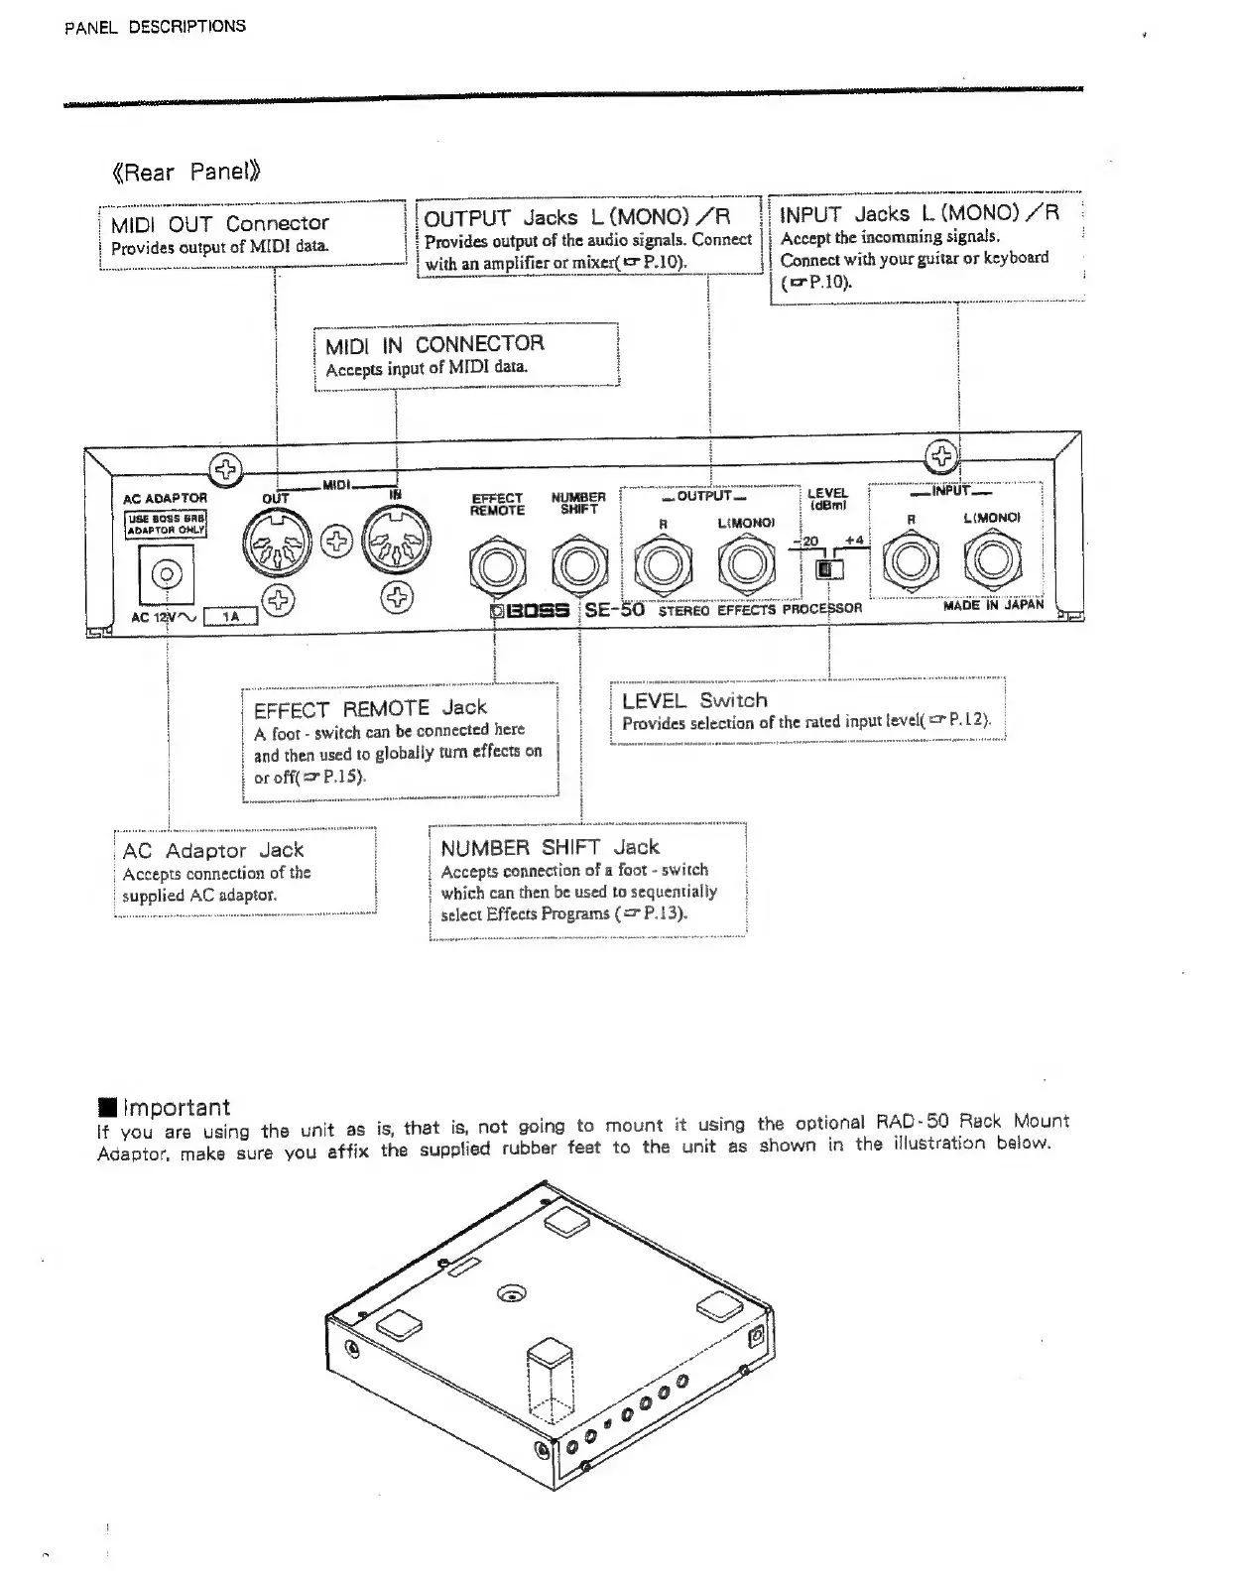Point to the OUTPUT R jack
661,566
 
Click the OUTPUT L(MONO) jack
745,566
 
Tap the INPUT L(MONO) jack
991,561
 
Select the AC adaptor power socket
167,574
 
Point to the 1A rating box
230,617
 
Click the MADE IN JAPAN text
993,604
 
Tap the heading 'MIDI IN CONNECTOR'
434,344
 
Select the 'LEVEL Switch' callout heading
694,700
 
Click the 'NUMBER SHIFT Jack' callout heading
550,847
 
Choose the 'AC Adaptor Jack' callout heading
212,850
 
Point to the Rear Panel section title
188,172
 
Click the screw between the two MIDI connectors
339,541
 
